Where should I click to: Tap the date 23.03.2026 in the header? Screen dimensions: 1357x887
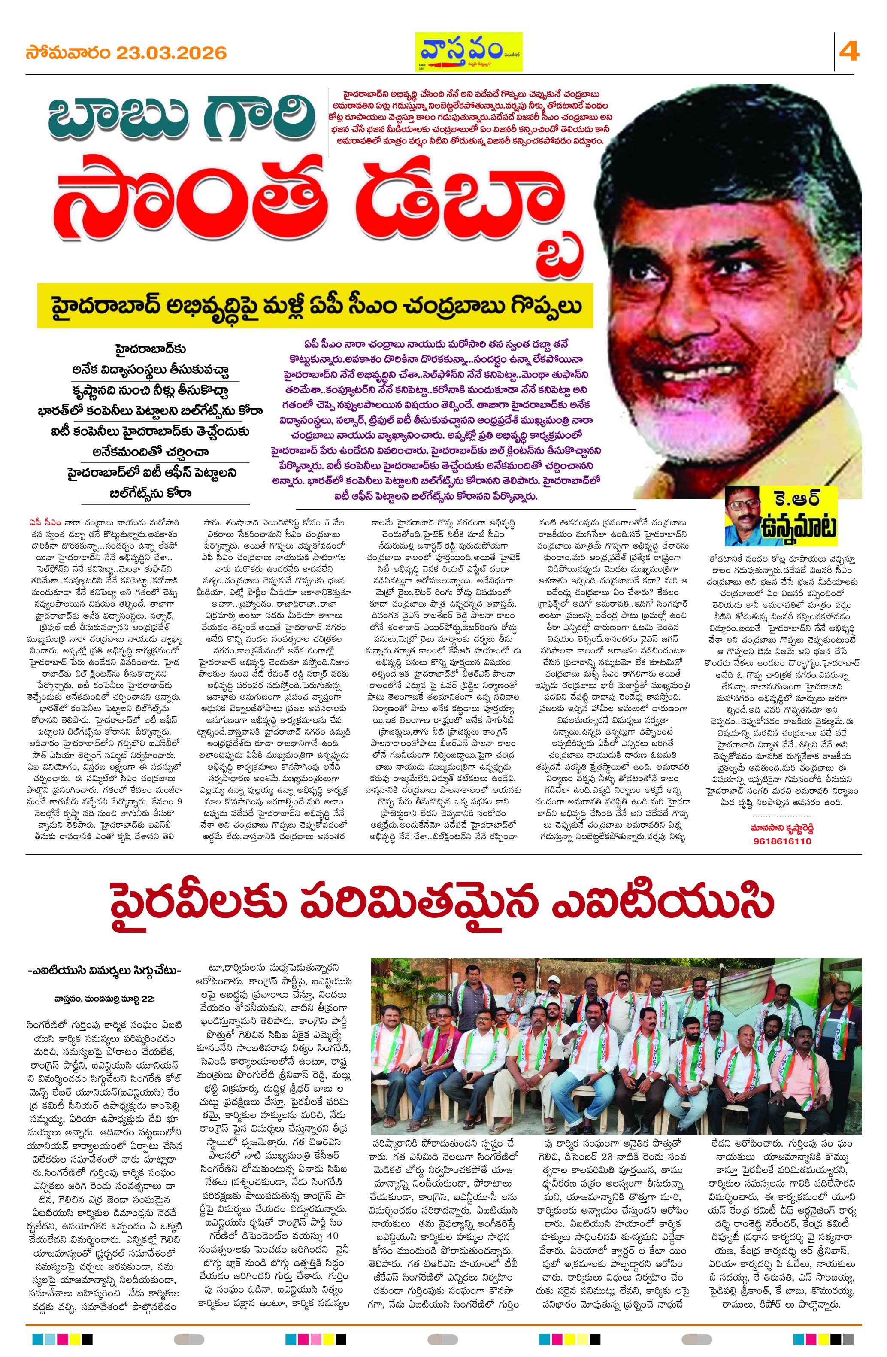click(x=172, y=53)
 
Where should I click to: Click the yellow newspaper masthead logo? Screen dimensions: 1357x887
click(x=467, y=52)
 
